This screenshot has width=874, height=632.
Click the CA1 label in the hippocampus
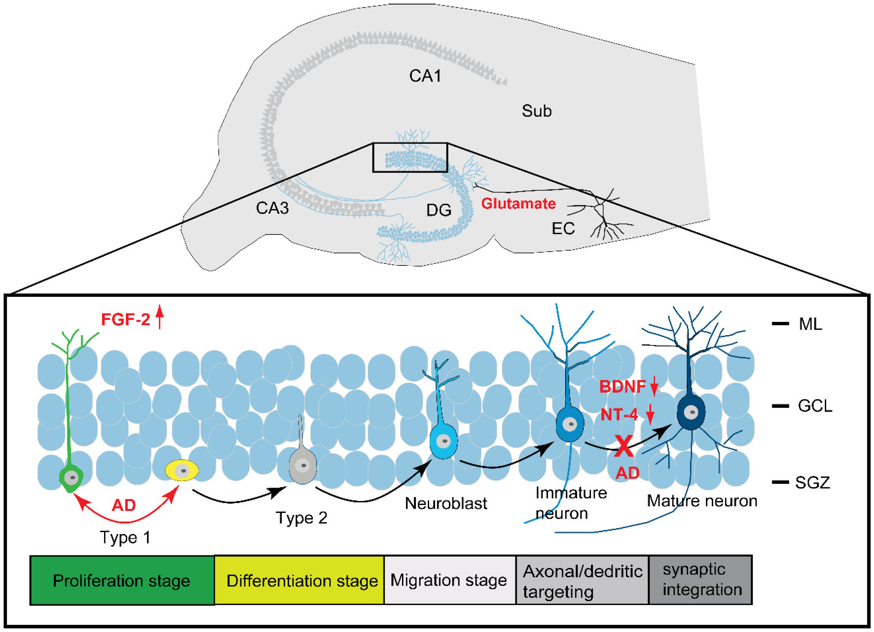tap(425, 76)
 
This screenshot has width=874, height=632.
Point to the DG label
tap(439, 210)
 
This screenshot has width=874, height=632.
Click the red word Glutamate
tap(518, 203)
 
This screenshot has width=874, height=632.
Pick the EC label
tap(563, 229)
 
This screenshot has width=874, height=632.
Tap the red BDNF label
tap(622, 386)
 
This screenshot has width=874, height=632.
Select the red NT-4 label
tap(619, 415)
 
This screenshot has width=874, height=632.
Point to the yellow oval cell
tap(182, 470)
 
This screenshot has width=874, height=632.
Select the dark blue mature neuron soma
tap(691, 412)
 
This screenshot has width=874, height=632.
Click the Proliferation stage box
tap(122, 580)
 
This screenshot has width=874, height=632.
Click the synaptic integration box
tap(701, 580)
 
